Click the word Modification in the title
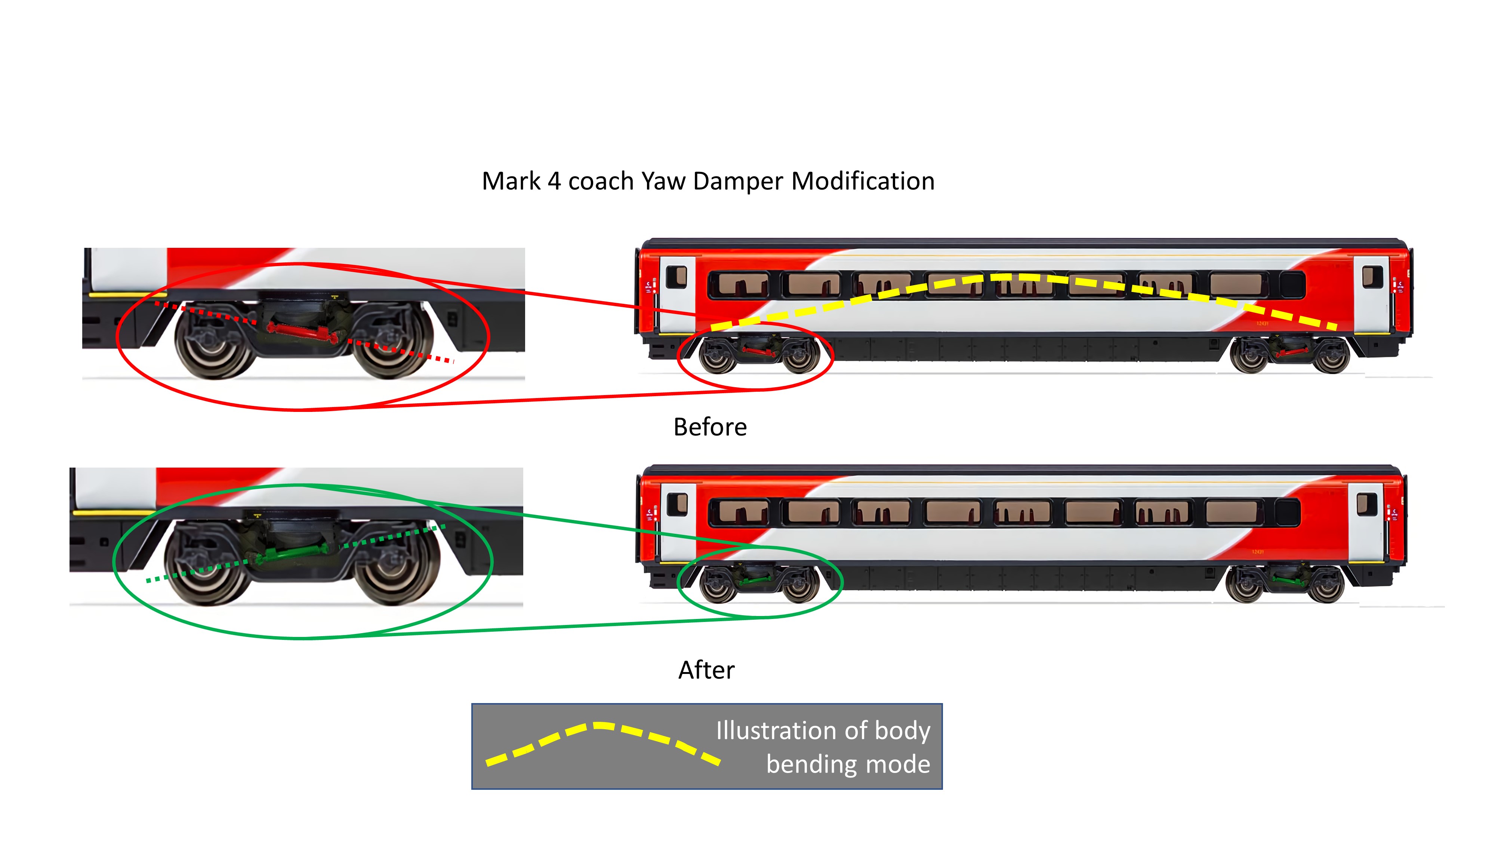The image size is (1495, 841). pyautogui.click(x=863, y=182)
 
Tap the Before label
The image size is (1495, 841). pyautogui.click(x=710, y=427)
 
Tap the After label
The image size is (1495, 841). pyautogui.click(x=706, y=670)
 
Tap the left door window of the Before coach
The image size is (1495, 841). pyautogui.click(x=676, y=277)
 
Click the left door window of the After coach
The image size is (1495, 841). pyautogui.click(x=677, y=504)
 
